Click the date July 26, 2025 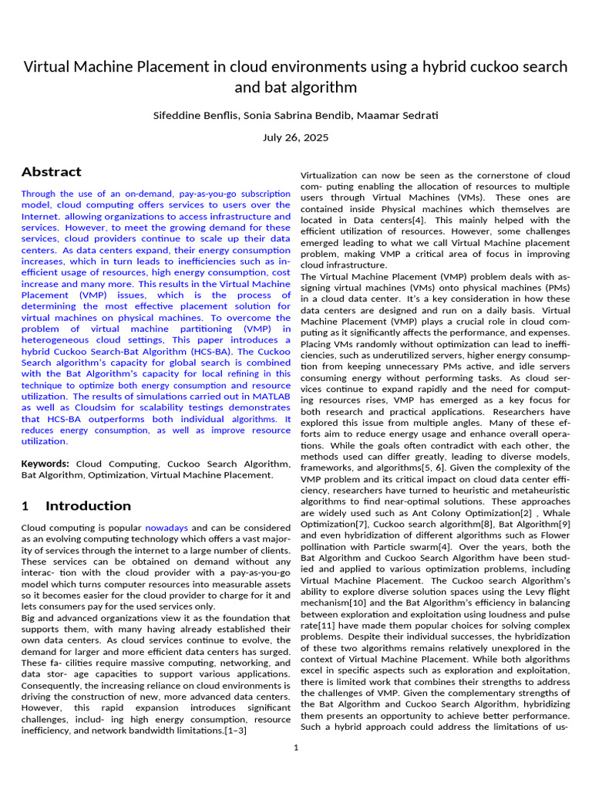tap(296, 138)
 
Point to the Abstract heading tap(52, 172)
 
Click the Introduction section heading tap(88, 506)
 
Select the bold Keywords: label tap(45, 464)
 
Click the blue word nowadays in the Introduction tap(166, 528)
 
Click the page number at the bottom tap(296, 748)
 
